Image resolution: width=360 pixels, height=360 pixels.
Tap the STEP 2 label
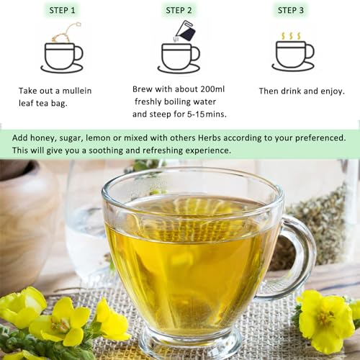click(179, 10)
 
